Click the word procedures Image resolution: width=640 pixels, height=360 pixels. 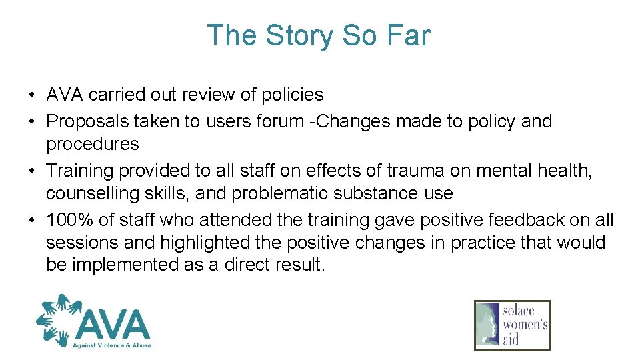click(92, 144)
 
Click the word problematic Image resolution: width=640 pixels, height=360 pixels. click(262, 193)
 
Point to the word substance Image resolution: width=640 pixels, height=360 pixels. click(364, 193)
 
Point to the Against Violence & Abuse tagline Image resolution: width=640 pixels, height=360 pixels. click(113, 345)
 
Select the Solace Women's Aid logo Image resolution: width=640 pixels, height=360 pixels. click(512, 325)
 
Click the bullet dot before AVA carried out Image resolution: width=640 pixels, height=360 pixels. click(33, 95)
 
